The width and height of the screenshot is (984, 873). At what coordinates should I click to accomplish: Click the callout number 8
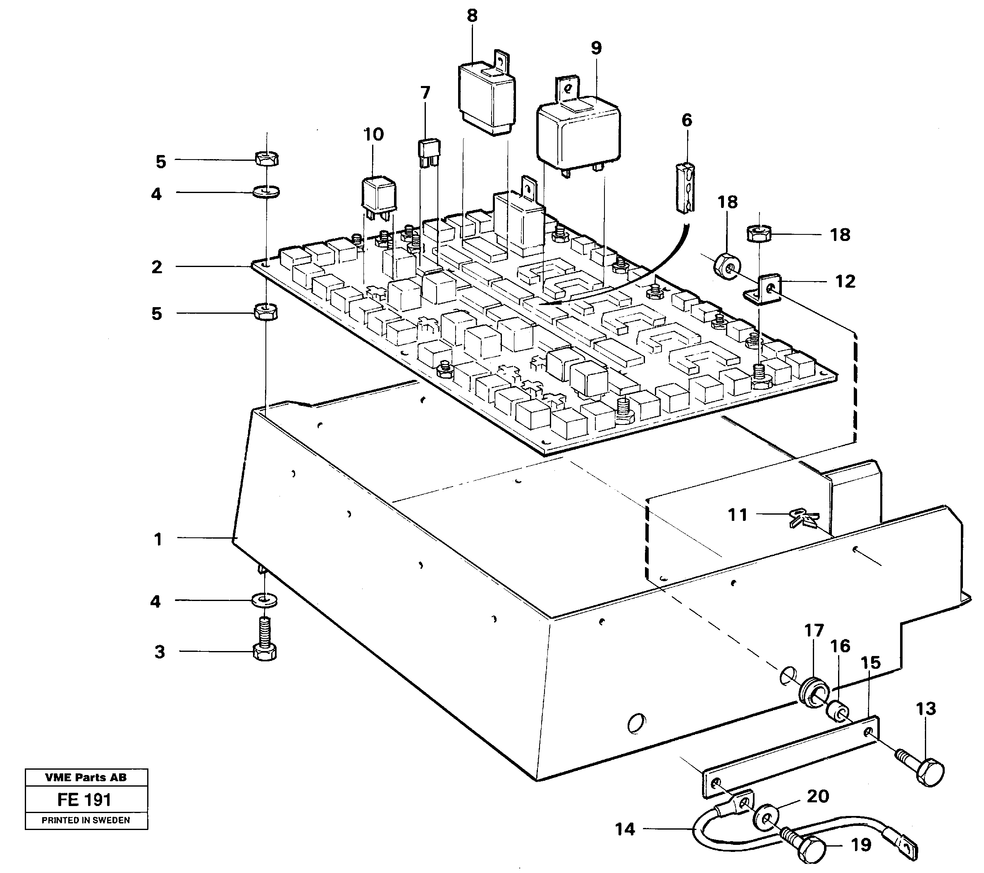pyautogui.click(x=472, y=16)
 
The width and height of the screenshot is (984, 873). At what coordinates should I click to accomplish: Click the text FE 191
pyautogui.click(x=84, y=800)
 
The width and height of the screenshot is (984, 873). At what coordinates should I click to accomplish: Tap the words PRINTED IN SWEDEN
pyautogui.click(x=86, y=820)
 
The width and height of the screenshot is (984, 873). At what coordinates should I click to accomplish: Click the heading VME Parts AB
pyautogui.click(x=86, y=777)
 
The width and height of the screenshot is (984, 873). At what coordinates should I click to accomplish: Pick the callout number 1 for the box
pyautogui.click(x=158, y=539)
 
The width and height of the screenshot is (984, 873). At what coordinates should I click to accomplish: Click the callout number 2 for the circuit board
pyautogui.click(x=157, y=267)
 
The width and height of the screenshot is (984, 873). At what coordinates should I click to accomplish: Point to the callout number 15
pyautogui.click(x=870, y=663)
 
